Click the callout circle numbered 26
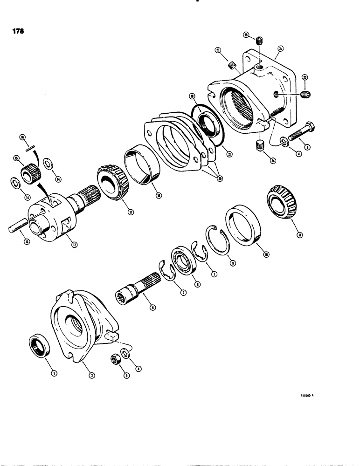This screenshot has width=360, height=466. [x=280, y=48]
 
